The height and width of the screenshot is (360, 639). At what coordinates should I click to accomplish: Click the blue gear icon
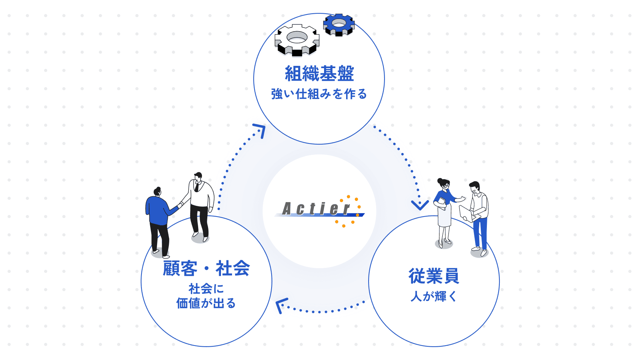(339, 25)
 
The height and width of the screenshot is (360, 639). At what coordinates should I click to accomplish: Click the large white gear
(297, 40)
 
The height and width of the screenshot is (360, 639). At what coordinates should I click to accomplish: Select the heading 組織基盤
(319, 74)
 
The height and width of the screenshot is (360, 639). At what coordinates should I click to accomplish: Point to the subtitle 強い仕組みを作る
(319, 94)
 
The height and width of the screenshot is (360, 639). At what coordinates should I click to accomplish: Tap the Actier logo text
(316, 209)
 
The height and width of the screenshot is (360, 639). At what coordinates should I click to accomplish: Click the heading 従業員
(434, 276)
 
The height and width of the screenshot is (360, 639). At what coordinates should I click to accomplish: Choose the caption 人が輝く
(434, 296)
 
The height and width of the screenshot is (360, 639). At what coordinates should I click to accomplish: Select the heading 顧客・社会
(206, 268)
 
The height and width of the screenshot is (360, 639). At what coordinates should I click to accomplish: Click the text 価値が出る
(206, 303)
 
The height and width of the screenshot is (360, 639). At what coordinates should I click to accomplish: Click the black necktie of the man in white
(197, 187)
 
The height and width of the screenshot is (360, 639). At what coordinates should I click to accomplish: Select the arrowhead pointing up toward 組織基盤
(260, 130)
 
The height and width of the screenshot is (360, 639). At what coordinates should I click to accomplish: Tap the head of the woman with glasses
(443, 184)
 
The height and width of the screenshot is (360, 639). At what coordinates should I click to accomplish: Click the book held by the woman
(442, 203)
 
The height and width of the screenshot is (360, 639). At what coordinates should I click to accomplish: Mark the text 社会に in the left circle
(206, 289)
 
